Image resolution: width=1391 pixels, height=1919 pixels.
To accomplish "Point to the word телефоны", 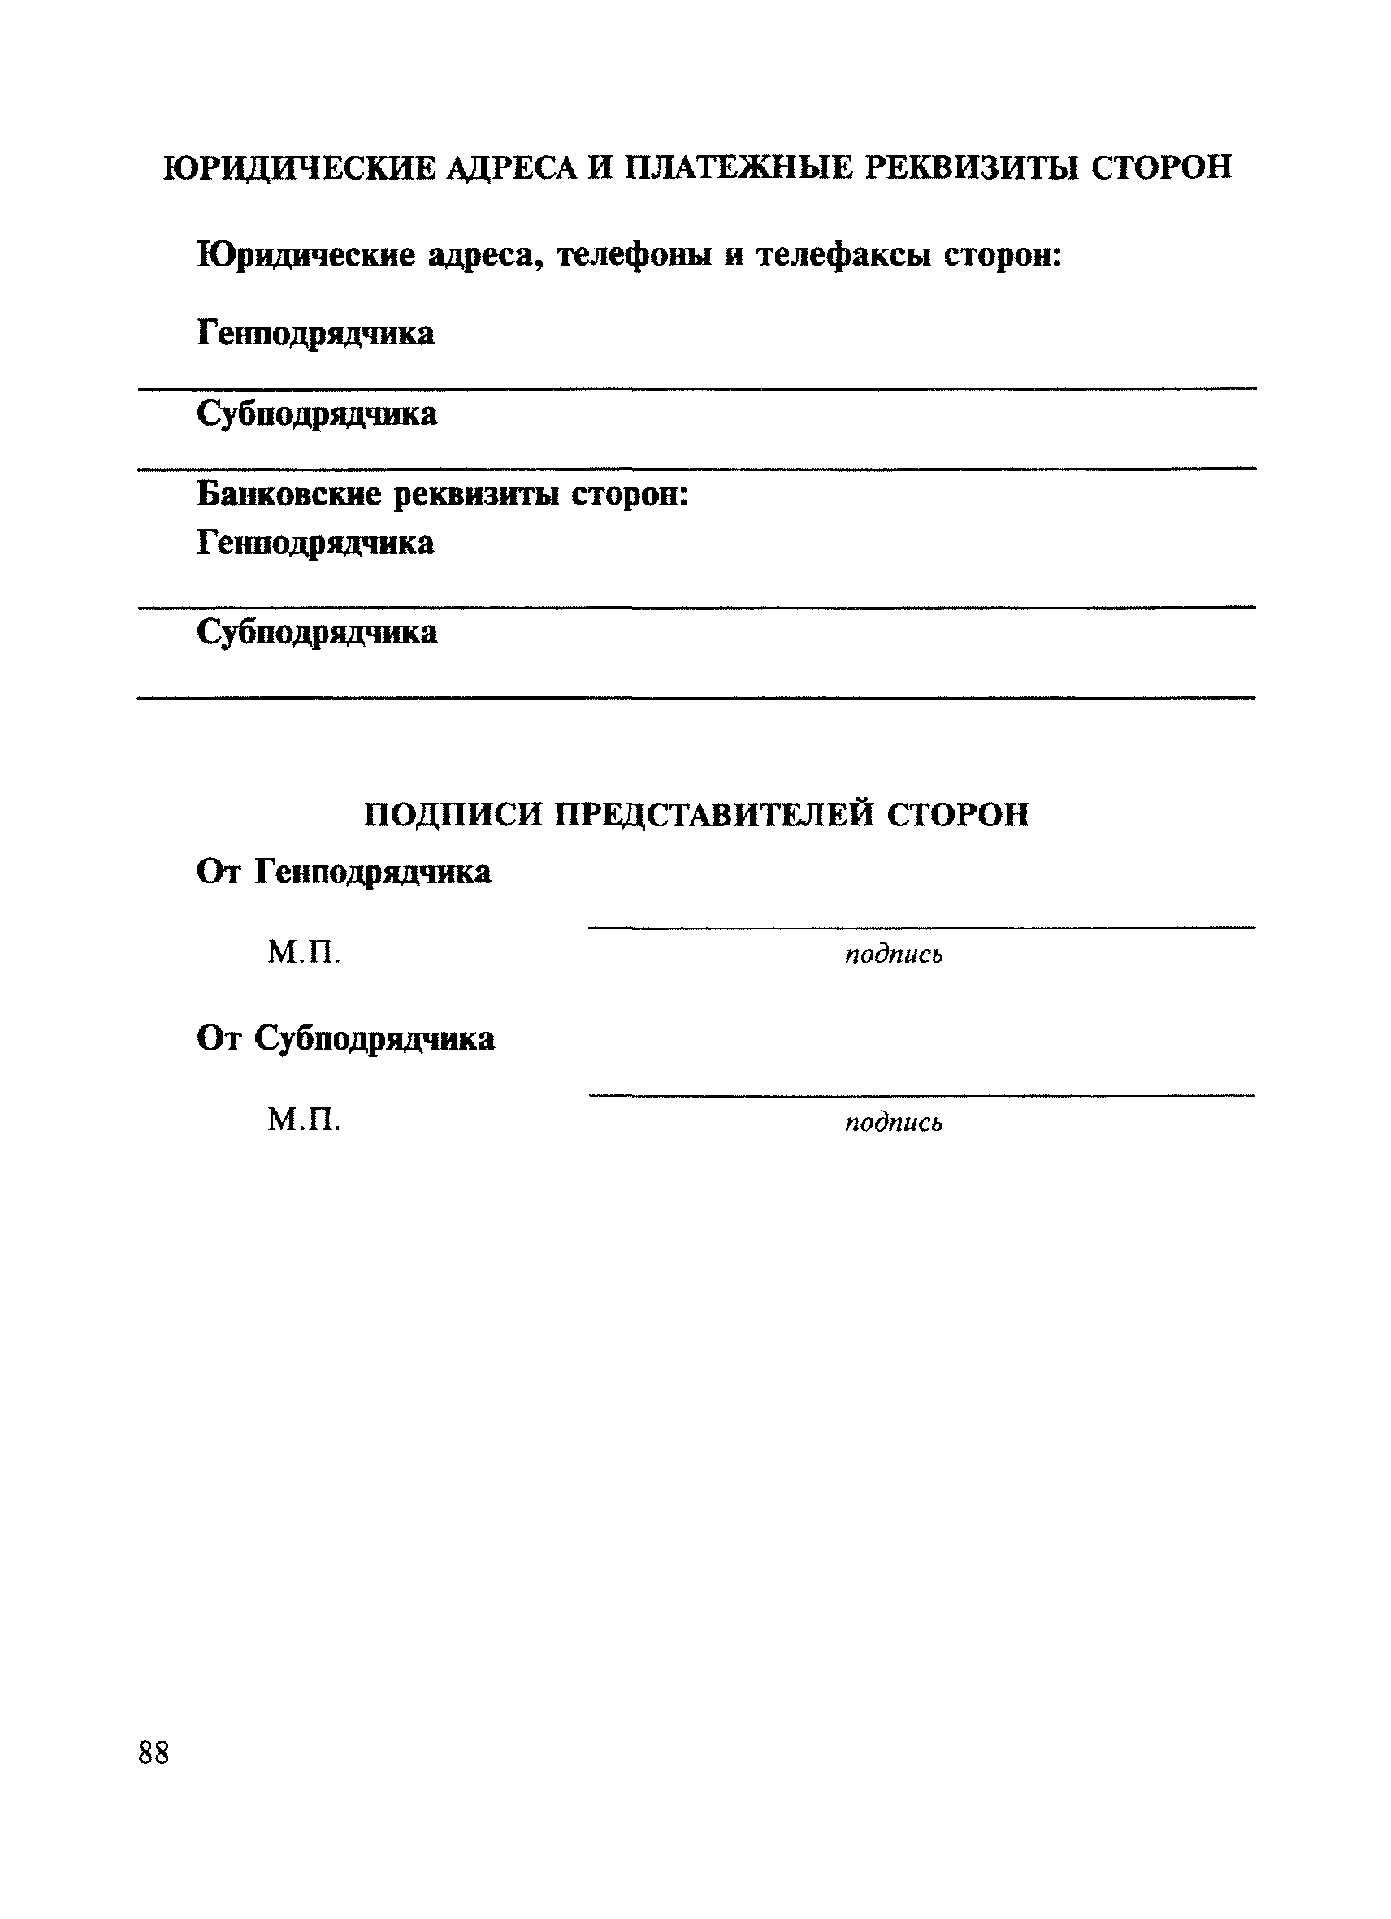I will [x=634, y=254].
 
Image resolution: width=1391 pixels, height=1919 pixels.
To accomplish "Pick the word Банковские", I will [x=288, y=494].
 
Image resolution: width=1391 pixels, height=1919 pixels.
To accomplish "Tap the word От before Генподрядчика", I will [x=220, y=872].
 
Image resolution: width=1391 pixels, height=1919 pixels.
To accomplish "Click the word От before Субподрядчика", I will [x=220, y=1038].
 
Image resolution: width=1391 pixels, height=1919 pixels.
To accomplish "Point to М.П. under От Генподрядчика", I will [x=304, y=954].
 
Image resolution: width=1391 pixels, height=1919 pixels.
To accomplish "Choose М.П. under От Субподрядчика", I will [x=304, y=1121].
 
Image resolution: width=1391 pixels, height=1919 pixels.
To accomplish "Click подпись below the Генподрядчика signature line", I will [x=894, y=955].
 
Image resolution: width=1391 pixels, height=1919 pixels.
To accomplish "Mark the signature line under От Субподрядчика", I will [x=921, y=1096].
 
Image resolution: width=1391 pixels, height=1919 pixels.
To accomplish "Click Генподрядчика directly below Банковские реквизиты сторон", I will [x=315, y=544].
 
